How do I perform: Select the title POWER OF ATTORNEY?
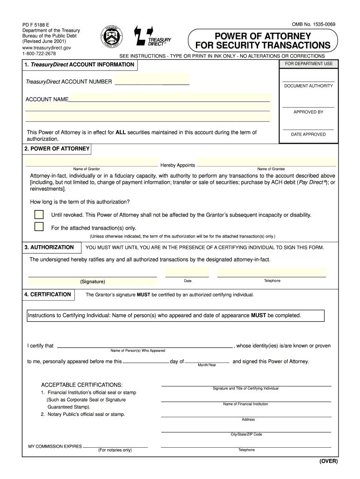click(262, 36)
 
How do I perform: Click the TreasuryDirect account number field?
click(152, 80)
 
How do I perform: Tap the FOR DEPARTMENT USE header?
click(308, 64)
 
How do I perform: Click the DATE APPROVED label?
click(308, 134)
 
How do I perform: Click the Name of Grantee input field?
click(266, 162)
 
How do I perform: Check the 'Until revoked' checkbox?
click(39, 215)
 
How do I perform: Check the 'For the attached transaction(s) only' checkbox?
click(39, 227)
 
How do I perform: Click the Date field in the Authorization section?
click(187, 272)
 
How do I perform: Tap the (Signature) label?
click(93, 282)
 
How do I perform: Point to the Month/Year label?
click(207, 365)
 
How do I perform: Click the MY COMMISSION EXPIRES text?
click(55, 446)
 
